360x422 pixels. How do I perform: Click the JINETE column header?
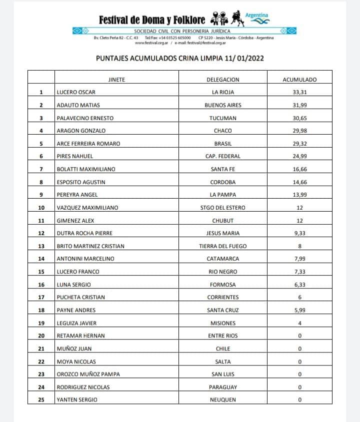(x=116, y=80)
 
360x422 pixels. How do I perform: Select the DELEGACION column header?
(x=222, y=80)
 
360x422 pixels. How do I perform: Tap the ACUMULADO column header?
(x=299, y=80)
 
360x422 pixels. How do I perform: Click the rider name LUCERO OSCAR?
(x=76, y=92)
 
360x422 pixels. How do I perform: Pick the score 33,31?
(x=299, y=92)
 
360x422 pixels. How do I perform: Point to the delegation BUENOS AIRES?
(x=223, y=105)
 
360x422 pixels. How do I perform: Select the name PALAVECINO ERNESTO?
(x=85, y=118)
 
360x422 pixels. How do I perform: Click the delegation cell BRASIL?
(x=223, y=144)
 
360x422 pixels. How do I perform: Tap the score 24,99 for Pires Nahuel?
(x=299, y=156)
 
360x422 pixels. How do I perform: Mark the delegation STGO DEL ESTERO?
(x=223, y=207)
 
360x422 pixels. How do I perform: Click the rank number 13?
(x=41, y=246)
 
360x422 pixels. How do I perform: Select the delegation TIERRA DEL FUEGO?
(x=223, y=246)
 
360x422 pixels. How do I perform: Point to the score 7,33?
(x=299, y=271)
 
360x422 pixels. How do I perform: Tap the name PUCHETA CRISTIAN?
(x=81, y=297)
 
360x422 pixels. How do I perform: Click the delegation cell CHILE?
(x=223, y=348)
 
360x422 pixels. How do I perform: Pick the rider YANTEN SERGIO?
(x=77, y=399)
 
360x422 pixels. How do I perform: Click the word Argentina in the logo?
(x=256, y=15)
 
